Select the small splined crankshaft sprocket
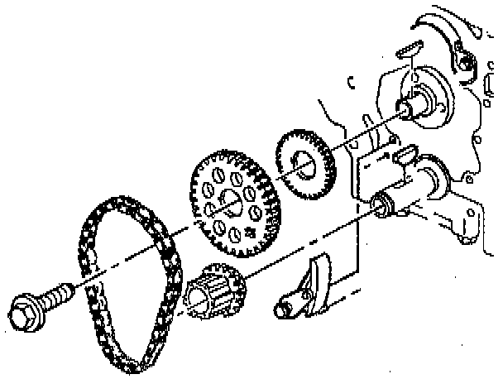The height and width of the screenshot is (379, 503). pyautogui.click(x=213, y=294)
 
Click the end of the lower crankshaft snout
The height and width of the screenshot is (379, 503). pyautogui.click(x=381, y=201)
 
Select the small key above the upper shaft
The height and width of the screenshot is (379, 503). pyautogui.click(x=407, y=50)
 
